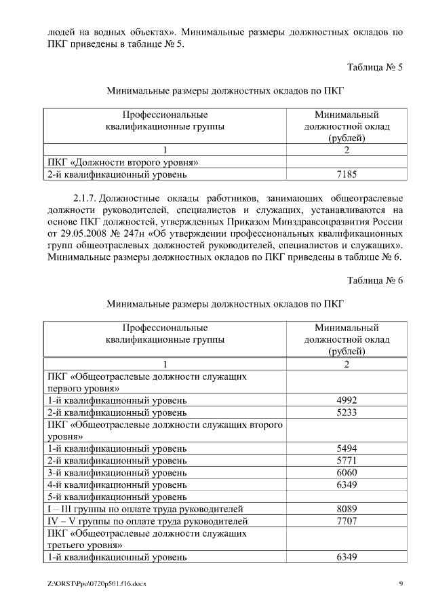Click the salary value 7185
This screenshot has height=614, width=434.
[347, 175]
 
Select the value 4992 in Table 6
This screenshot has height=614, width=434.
[347, 400]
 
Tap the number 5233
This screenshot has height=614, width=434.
[347, 412]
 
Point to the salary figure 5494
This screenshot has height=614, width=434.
[347, 448]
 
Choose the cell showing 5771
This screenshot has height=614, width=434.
[347, 460]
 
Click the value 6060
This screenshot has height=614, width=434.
[347, 472]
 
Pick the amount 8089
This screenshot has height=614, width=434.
[347, 508]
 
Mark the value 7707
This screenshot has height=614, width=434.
[347, 520]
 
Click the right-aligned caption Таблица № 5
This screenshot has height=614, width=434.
[375, 67]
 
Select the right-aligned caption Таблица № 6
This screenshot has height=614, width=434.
[375, 280]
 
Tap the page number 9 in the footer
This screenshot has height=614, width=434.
[401, 583]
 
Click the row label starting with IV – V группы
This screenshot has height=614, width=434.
[146, 520]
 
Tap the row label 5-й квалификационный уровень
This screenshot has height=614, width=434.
[116, 496]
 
